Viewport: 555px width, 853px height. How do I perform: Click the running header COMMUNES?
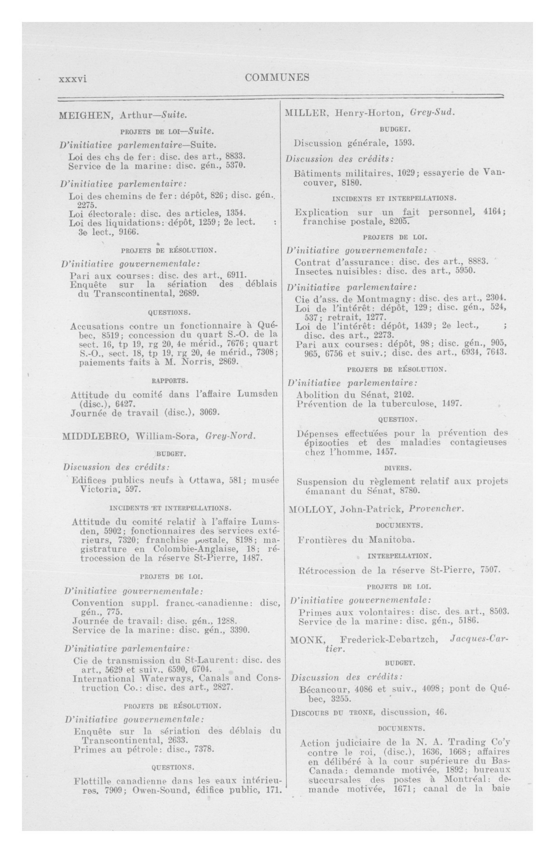pos(277,77)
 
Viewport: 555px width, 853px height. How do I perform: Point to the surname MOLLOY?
pos(311,509)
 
